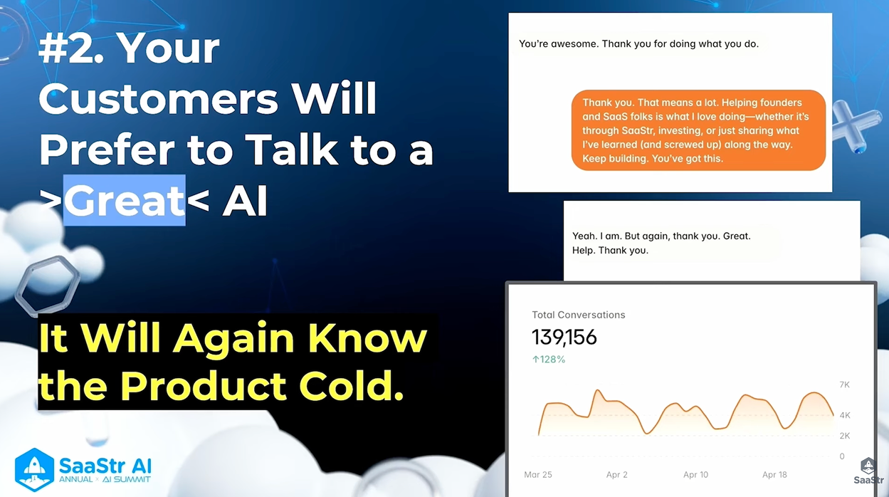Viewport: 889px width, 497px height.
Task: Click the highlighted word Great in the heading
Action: point(125,201)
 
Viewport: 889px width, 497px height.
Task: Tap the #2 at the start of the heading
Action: point(72,48)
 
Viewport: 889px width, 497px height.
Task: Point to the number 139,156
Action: point(564,337)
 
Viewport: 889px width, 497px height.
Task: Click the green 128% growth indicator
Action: point(549,360)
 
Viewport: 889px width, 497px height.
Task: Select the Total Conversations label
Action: point(579,315)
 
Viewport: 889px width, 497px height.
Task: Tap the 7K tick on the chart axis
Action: point(844,385)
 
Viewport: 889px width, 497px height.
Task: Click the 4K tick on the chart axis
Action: point(844,415)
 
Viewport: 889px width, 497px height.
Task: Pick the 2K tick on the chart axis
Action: point(844,436)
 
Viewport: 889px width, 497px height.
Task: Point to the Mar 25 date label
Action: point(538,474)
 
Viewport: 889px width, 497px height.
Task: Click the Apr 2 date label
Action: point(616,474)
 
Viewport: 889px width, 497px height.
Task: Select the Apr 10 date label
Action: point(695,474)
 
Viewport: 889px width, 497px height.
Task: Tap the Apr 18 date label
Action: point(774,474)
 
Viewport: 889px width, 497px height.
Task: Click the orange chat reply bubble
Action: point(698,130)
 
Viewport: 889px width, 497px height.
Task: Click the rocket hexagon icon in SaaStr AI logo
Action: point(34,470)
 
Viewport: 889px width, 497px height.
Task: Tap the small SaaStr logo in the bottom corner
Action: point(868,471)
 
